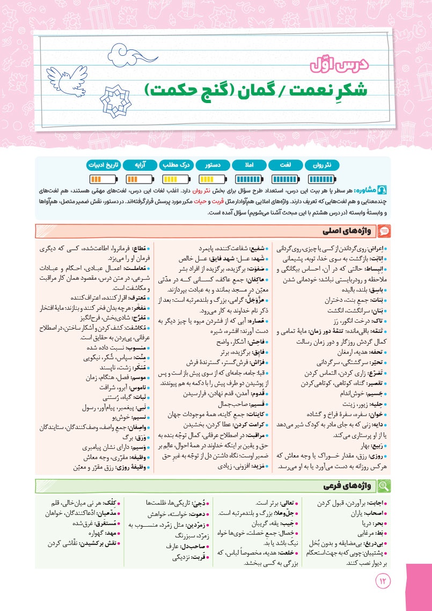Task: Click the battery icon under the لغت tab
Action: (285, 178)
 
